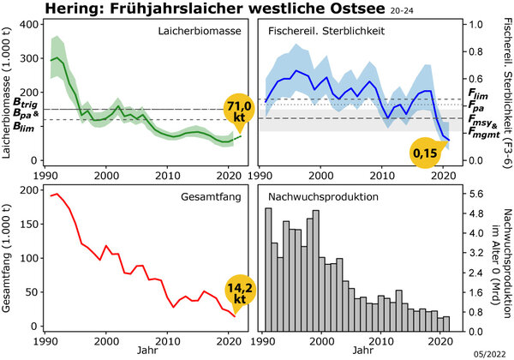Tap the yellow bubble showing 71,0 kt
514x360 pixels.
(x=242, y=109)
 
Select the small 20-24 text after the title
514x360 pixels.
(x=401, y=12)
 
